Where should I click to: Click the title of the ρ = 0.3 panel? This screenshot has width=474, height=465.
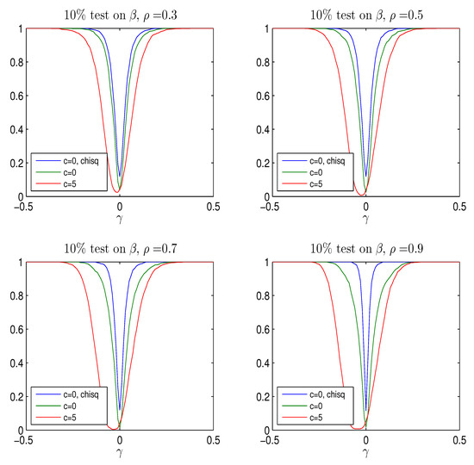[119, 10]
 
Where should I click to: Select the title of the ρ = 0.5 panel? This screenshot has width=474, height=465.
[365, 10]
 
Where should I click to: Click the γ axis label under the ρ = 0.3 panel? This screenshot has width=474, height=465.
[119, 220]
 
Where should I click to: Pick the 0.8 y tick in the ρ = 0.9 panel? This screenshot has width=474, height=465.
[261, 296]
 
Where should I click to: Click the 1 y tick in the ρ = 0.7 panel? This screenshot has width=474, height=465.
[19, 263]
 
